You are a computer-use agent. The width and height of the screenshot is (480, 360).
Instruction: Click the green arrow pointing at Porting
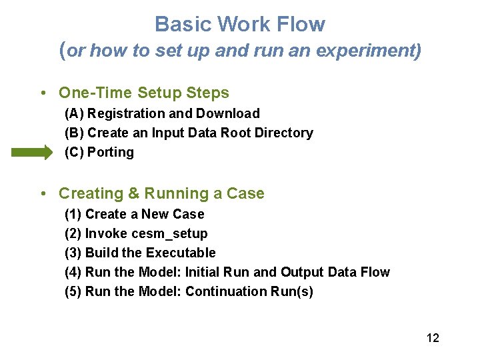pyautogui.click(x=31, y=153)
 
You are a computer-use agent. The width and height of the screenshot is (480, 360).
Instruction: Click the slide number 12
pyautogui.click(x=433, y=338)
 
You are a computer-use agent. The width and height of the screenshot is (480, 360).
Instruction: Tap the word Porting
pyautogui.click(x=111, y=153)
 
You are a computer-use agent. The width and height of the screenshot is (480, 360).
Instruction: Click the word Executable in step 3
pyautogui.click(x=181, y=253)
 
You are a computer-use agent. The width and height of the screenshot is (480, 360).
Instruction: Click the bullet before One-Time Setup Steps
pyautogui.click(x=43, y=93)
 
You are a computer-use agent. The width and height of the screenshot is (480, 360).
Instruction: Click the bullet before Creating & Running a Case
pyautogui.click(x=43, y=194)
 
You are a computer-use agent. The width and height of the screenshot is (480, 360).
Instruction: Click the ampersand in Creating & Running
pyautogui.click(x=133, y=194)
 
